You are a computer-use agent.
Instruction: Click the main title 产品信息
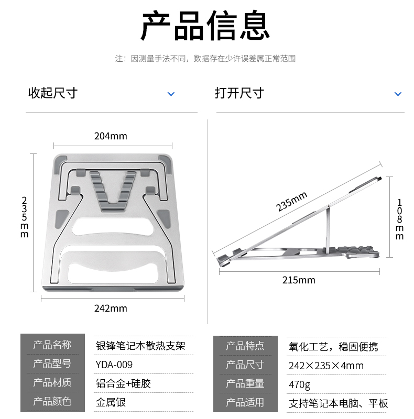(205, 25)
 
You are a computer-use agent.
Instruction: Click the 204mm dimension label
(111, 136)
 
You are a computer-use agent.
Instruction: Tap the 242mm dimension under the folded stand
(111, 308)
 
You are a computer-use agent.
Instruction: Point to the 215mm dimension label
(299, 280)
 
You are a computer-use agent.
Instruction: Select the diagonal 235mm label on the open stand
(291, 202)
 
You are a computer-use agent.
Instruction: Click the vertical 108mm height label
(399, 219)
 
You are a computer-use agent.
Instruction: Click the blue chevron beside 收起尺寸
(171, 94)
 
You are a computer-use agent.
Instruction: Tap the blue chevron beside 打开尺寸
(398, 94)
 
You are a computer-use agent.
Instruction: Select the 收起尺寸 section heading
(53, 93)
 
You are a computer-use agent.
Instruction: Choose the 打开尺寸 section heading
(239, 93)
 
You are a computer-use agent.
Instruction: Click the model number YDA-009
(114, 365)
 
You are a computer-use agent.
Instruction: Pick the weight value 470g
(300, 385)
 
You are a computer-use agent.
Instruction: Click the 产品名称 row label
(52, 345)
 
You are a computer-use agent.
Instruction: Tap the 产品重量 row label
(245, 383)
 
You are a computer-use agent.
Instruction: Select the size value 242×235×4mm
(326, 366)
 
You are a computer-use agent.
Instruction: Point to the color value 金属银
(111, 402)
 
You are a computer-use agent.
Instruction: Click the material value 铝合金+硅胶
(123, 384)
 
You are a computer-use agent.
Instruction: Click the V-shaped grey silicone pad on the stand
(113, 191)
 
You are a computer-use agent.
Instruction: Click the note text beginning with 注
(205, 59)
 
